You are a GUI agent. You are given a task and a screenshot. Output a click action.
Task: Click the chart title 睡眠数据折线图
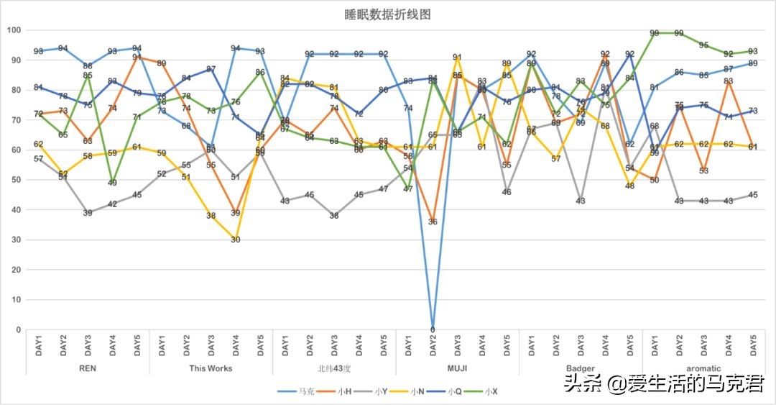click(x=387, y=14)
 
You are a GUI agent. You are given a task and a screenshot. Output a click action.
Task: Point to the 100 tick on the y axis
click(x=13, y=30)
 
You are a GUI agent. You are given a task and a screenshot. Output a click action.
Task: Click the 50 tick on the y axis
click(x=15, y=180)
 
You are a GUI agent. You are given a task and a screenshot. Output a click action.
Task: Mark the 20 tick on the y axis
click(x=15, y=270)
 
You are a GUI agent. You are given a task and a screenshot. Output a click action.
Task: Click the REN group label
click(x=88, y=368)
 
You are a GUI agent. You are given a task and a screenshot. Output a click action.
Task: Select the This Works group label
click(x=211, y=368)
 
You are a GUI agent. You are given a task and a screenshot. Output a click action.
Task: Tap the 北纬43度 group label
click(x=334, y=368)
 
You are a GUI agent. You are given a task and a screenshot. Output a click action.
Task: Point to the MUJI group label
click(x=457, y=368)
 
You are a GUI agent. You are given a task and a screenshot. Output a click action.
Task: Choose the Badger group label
click(x=580, y=368)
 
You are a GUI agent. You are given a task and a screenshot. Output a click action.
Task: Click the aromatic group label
click(x=703, y=368)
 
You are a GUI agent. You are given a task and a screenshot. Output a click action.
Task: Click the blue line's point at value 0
click(x=433, y=329)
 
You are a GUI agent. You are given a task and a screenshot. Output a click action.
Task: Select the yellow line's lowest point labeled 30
click(x=236, y=240)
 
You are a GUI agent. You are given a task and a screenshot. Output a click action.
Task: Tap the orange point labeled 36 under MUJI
click(x=433, y=222)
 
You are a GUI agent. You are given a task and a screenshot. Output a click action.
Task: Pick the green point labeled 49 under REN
click(x=112, y=183)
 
